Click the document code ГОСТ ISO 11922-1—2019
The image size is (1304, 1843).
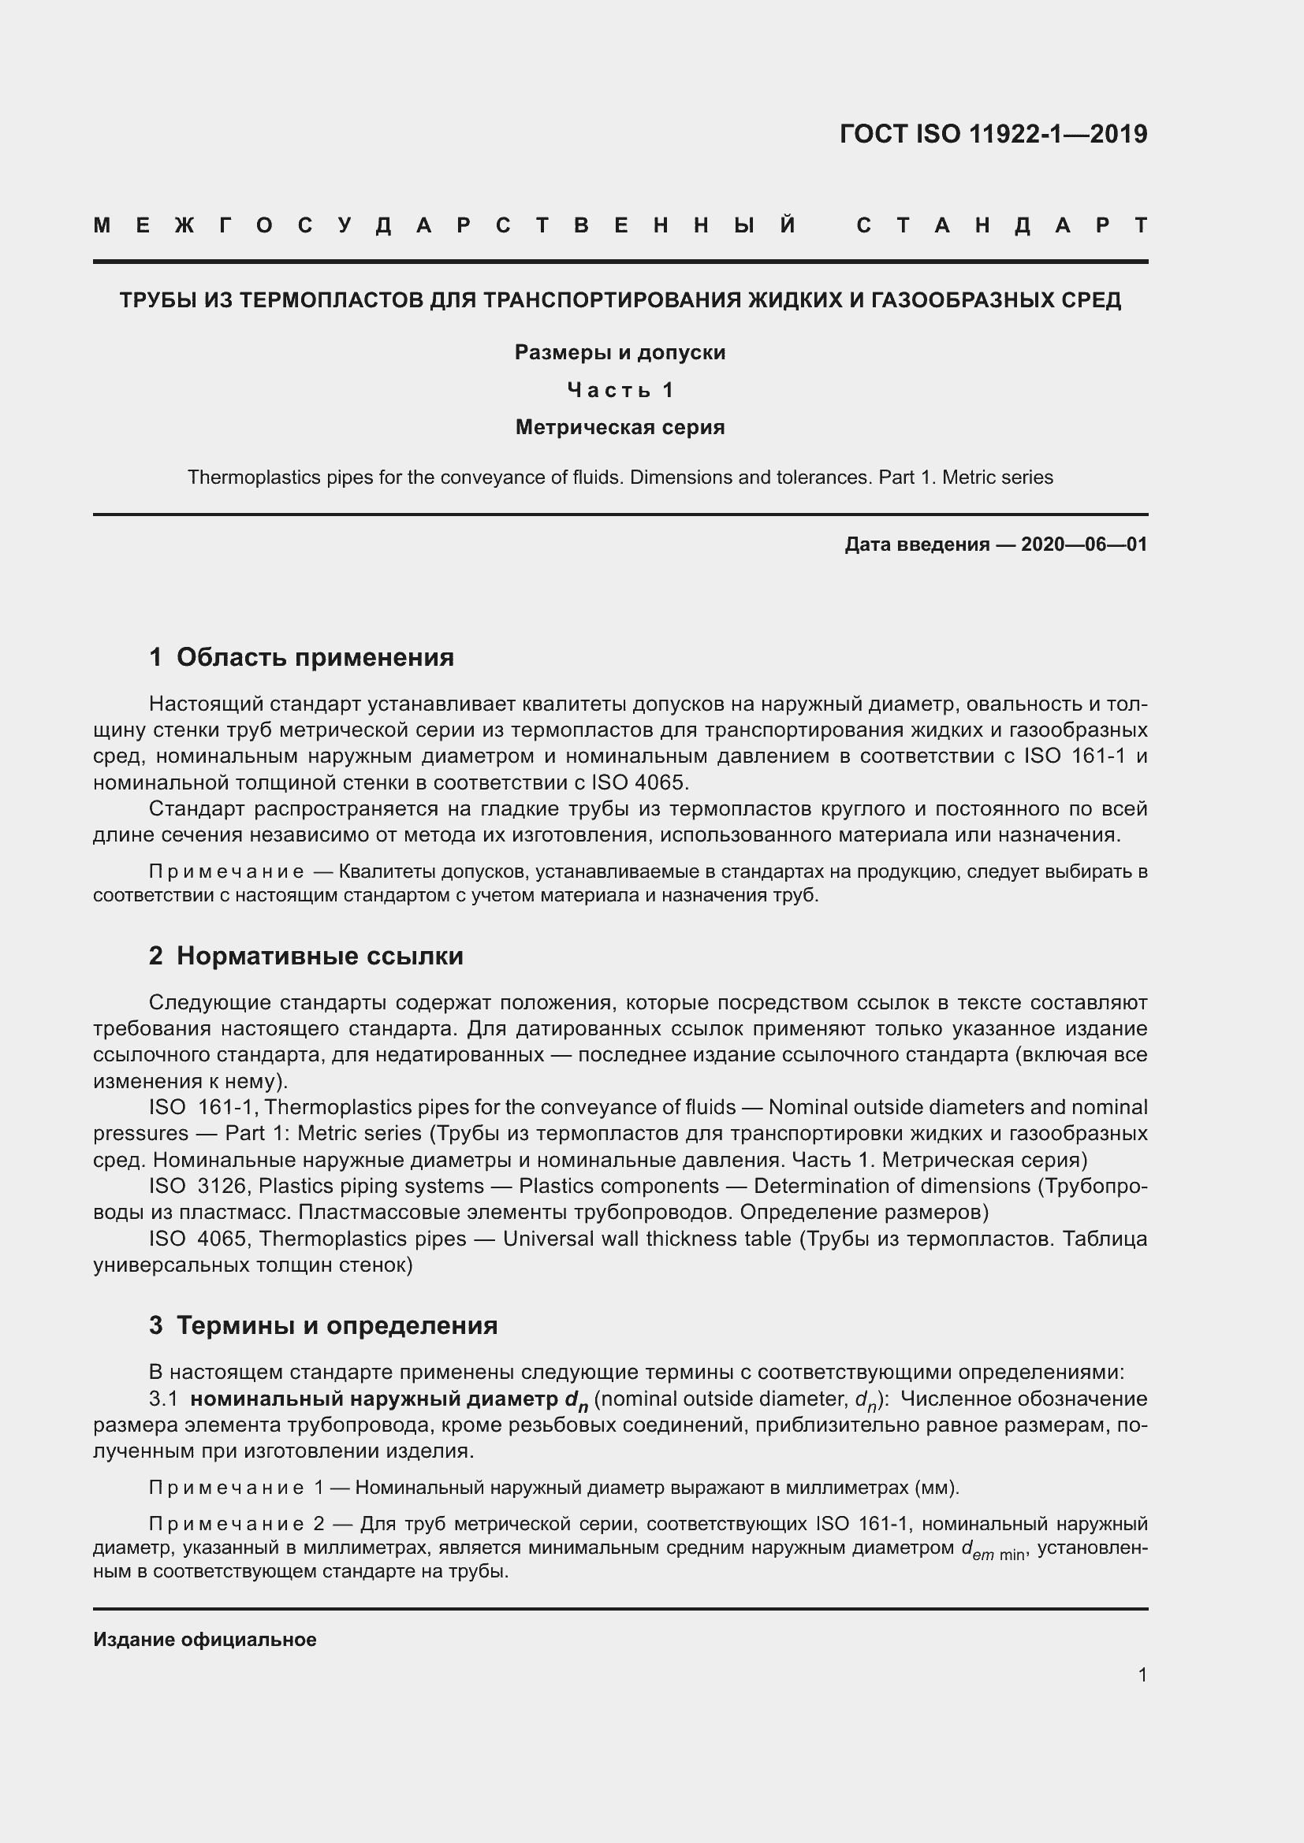coord(993,134)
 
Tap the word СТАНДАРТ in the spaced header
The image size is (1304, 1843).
coord(1002,225)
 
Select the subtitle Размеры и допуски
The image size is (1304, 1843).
coord(620,352)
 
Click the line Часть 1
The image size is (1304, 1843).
coord(620,390)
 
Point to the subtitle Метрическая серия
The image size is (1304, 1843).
coord(620,427)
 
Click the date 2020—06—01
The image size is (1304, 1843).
coord(1084,544)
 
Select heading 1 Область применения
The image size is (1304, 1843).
coord(301,657)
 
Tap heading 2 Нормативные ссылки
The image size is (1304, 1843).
coord(306,956)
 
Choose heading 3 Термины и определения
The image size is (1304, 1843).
coord(322,1325)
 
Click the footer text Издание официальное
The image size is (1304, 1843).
coord(205,1639)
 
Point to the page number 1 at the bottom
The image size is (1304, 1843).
coord(1142,1674)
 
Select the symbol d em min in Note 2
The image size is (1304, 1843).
coord(993,1548)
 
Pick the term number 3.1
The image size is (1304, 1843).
coord(163,1399)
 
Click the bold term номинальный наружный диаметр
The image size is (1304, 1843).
coord(376,1399)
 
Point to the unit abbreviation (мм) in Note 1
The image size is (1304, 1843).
coord(937,1488)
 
